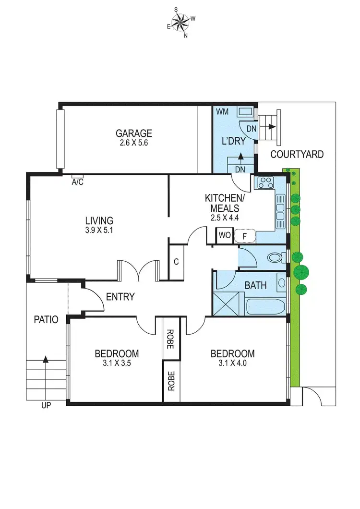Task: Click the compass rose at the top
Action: (180, 22)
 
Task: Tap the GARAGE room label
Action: (134, 133)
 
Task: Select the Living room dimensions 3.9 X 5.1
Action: (99, 230)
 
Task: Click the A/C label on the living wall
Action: (77, 182)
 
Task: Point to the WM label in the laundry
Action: (222, 112)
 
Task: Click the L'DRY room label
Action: (233, 141)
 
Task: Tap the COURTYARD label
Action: (297, 154)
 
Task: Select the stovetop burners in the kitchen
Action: (265, 183)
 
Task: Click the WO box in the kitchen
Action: (224, 236)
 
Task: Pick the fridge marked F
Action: (245, 236)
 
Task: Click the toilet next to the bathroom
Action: (275, 258)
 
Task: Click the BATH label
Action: (255, 285)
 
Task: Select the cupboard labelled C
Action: (176, 262)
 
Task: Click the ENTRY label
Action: (120, 297)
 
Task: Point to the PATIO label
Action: (46, 319)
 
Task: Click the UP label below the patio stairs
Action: (46, 405)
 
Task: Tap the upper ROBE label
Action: (170, 338)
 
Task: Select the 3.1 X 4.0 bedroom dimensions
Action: (233, 364)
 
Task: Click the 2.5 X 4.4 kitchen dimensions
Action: (225, 218)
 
